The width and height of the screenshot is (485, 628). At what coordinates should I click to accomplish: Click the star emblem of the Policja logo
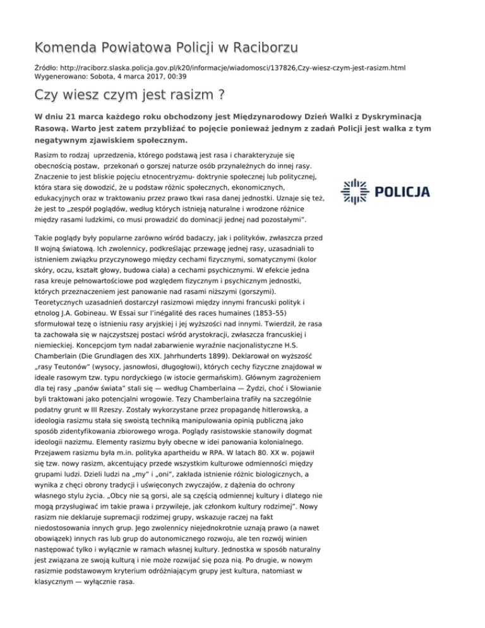353,192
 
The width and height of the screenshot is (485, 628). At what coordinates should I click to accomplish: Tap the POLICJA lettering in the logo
403,192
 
